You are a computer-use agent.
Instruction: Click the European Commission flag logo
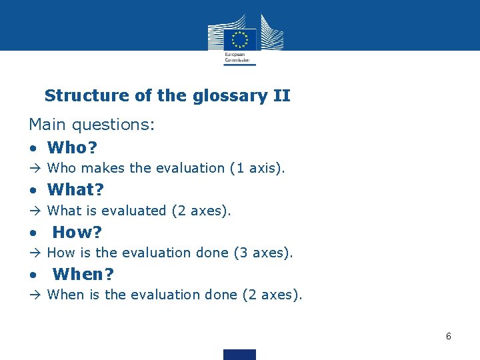pyautogui.click(x=239, y=38)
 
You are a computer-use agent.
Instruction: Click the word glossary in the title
pyautogui.click(x=229, y=96)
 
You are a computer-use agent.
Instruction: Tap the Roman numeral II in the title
pyautogui.click(x=281, y=95)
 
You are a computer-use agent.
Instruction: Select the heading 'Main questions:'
pyautogui.click(x=91, y=125)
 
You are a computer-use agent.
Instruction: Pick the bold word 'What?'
pyautogui.click(x=75, y=189)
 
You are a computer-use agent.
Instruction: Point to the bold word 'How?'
pyautogui.click(x=77, y=232)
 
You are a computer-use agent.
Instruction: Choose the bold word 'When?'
pyautogui.click(x=83, y=274)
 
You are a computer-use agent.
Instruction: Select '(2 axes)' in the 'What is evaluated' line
pyautogui.click(x=201, y=211)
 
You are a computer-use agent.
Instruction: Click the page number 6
pyautogui.click(x=449, y=336)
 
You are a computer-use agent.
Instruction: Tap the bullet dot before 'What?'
pyautogui.click(x=33, y=191)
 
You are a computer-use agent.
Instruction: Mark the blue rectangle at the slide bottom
pyautogui.click(x=239, y=354)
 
